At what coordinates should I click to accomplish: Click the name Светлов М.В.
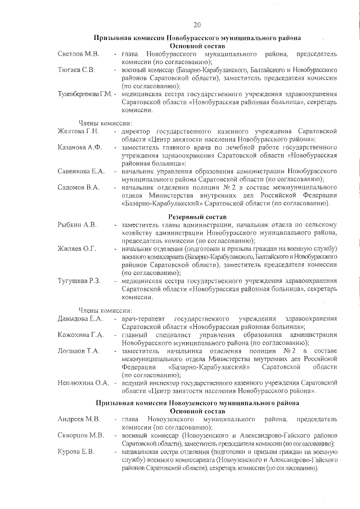coord(78,53)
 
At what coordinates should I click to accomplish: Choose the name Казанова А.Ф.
coord(79,147)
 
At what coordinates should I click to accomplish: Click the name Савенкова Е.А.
coord(81,171)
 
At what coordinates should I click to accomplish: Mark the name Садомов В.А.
coord(78,187)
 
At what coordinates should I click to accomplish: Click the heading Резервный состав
coord(197,217)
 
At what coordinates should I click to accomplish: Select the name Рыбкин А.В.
coord(77,225)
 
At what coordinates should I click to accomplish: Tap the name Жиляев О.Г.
coord(77,249)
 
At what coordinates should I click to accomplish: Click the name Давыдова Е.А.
coord(80,319)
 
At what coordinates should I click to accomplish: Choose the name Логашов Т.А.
coord(78,352)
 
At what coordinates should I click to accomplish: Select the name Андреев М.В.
coord(78,420)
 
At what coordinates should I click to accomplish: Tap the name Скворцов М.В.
coord(80,436)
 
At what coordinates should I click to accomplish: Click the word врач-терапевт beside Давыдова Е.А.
coord(143,319)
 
